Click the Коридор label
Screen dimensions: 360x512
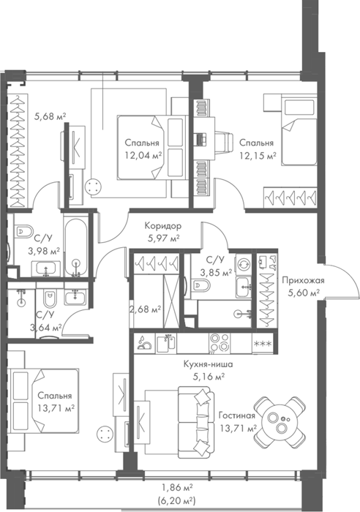pos(163,225)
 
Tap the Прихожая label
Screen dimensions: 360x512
pos(303,280)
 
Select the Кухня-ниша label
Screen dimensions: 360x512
pos(208,364)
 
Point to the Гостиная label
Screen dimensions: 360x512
pos(236,415)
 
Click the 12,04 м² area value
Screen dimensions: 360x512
pos(143,155)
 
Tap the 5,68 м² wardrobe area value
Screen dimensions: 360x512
pos(50,116)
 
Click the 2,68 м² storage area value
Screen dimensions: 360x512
pos(146,309)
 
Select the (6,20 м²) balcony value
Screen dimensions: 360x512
pos(176,500)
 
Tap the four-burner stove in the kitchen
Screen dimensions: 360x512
pos(220,343)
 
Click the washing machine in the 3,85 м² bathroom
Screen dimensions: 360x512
pos(244,264)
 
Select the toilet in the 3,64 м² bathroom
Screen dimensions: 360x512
pos(50,298)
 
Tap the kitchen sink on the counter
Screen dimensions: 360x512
pos(166,343)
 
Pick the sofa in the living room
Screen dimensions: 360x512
pos(195,422)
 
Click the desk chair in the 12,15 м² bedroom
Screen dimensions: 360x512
pos(223,142)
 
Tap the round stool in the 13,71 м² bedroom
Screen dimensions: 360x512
pos(105,434)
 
